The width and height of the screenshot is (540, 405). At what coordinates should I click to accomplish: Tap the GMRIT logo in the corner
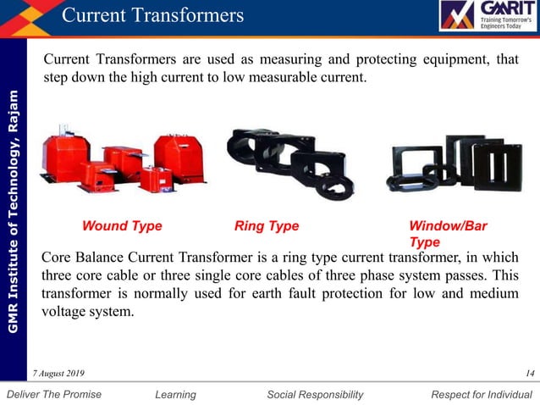487,17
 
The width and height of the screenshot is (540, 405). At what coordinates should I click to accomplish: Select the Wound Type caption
122,226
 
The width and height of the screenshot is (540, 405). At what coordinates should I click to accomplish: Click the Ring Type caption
267,226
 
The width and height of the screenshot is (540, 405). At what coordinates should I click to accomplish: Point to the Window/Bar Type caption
448,234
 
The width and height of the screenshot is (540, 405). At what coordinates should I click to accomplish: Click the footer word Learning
176,394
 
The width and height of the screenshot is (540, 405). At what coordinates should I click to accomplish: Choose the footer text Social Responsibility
315,394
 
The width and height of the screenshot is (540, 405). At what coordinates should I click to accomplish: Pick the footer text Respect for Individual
482,394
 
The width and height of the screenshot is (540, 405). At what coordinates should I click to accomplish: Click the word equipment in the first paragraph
440,60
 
